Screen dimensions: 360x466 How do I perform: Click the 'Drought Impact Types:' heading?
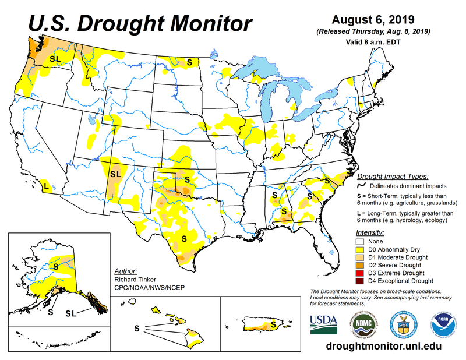[x=393, y=175]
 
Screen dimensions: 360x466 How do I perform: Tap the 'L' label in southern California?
[x=45, y=186]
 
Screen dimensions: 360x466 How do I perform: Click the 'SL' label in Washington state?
[x=55, y=59]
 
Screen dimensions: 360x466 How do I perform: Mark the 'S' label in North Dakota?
[x=189, y=60]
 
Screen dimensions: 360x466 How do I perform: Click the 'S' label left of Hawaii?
[x=137, y=329]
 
